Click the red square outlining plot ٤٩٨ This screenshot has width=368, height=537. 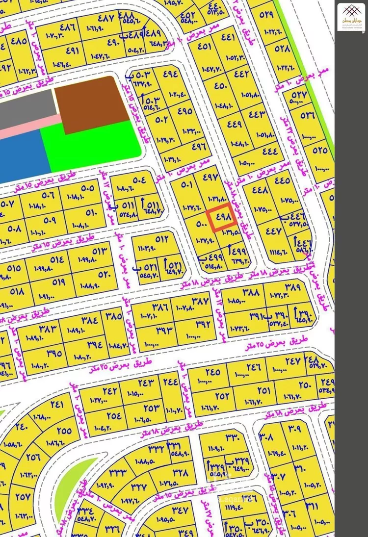pos(222,219)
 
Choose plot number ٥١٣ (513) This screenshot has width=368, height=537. pos(99,251)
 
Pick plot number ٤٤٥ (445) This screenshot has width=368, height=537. pos(282,180)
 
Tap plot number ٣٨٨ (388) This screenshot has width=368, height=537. pos(250,293)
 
